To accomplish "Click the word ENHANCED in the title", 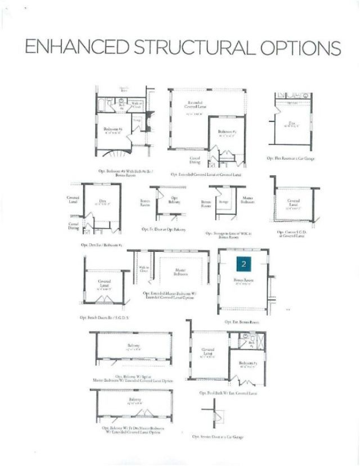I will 79,48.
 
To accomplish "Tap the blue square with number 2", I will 243,264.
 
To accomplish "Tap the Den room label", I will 102,202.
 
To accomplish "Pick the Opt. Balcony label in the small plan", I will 174,200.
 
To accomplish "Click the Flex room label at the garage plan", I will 292,124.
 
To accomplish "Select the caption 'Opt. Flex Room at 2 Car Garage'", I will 290,159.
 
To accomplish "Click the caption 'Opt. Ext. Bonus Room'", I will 242,322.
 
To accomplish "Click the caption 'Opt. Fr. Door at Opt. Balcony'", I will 163,229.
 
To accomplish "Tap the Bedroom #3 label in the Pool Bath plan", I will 247,364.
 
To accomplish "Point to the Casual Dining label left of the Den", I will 74,225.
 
